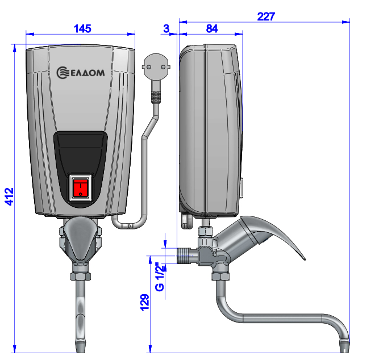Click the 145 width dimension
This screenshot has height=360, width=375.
coord(82,29)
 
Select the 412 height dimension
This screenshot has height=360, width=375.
coord(9,196)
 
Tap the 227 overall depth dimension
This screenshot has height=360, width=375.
coord(266,16)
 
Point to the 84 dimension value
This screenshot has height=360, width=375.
coord(212,29)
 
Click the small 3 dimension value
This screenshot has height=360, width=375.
coord(166,29)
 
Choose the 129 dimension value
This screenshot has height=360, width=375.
coord(144,303)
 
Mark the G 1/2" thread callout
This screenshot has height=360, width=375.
coord(160,277)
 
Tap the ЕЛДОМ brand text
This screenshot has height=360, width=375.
coord(88,73)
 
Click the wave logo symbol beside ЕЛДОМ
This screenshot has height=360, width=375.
coord(63,73)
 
